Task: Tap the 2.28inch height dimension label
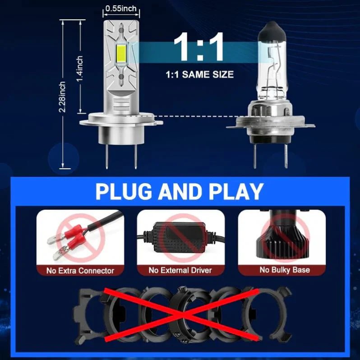tap(62, 97)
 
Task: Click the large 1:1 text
tap(198, 47)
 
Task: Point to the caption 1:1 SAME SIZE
tap(199, 74)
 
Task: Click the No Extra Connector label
tap(80, 271)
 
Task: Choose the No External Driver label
tap(180, 271)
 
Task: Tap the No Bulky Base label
tap(284, 270)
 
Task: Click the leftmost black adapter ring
tap(88, 311)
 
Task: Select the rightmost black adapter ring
tap(271, 311)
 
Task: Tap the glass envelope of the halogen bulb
tap(269, 72)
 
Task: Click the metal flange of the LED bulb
tap(118, 121)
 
